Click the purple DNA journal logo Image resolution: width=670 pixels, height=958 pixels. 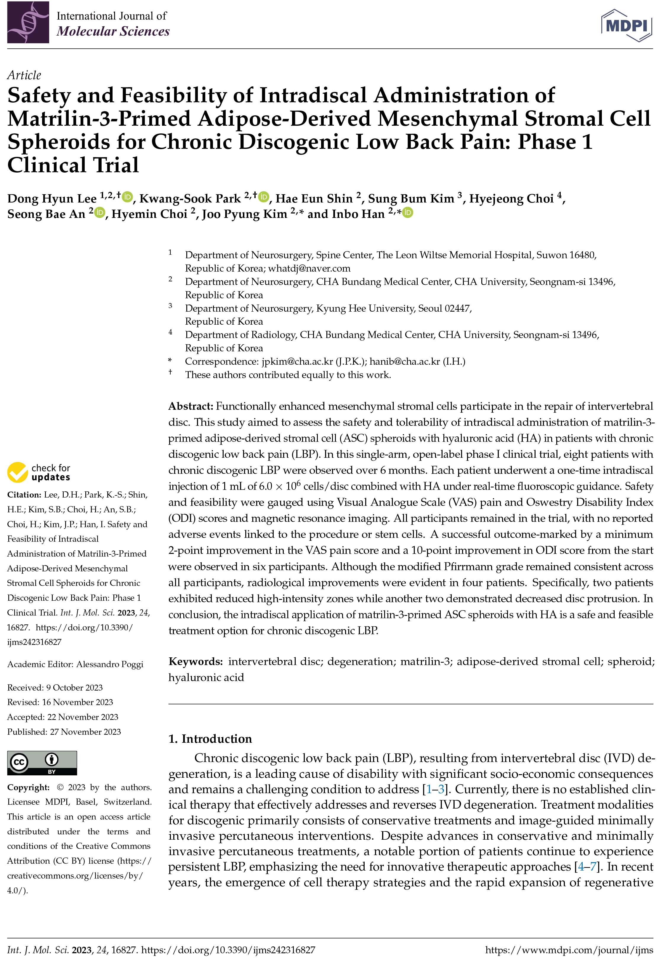(28, 23)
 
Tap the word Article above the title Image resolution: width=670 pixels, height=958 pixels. (24, 75)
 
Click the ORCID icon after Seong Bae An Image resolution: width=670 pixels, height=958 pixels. (100, 213)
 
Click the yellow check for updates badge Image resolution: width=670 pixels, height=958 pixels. (39, 472)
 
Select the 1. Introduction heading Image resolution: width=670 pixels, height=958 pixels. (210, 739)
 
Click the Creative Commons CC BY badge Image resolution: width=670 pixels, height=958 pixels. (42, 763)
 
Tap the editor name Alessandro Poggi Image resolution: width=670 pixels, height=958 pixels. (109, 664)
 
